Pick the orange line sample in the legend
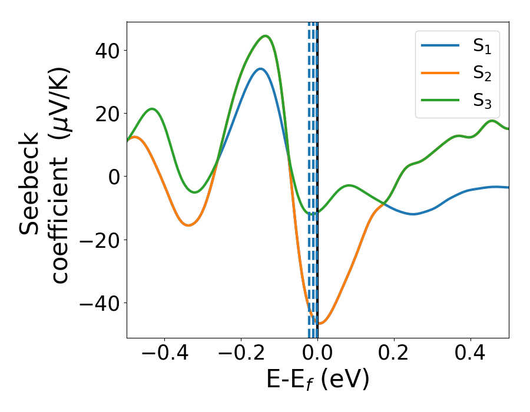coord(440,73)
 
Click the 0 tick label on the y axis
coord(113,177)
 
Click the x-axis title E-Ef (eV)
coord(318,380)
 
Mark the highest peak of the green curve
coord(266,36)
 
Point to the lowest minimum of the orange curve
coord(320,324)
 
